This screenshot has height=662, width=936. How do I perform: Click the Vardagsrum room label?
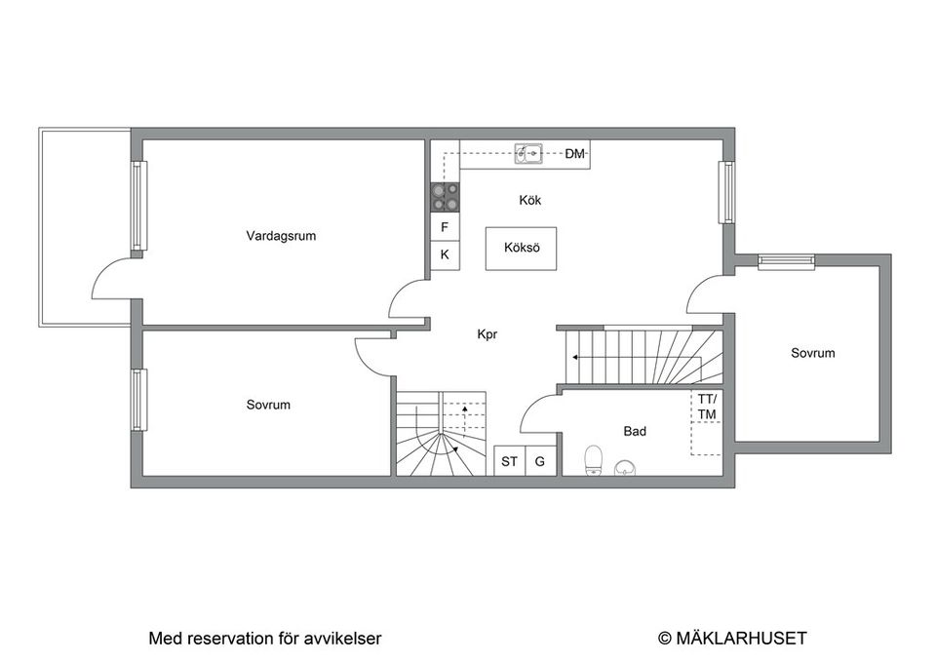point(281,235)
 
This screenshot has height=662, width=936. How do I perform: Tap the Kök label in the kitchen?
point(529,200)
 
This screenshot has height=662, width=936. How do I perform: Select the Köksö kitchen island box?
point(521,249)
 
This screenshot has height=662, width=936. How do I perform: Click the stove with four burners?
point(446,198)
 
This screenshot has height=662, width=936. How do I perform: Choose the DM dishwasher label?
point(575,154)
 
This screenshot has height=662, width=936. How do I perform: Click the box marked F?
point(446,227)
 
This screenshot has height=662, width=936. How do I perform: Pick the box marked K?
point(446,254)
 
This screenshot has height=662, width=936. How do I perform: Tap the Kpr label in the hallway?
point(487,333)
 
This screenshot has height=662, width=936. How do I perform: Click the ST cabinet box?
point(510,462)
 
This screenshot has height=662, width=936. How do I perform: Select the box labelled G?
point(540,462)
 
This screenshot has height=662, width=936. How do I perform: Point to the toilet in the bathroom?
point(592,460)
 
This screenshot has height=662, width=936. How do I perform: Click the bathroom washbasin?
point(627,467)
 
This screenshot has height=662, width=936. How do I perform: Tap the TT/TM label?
point(707,407)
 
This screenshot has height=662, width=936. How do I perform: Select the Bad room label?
point(635,430)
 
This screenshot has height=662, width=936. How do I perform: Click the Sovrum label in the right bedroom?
point(812,353)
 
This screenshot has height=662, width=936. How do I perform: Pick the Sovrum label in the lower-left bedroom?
point(268,405)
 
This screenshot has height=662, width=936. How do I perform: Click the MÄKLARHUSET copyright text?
point(732,639)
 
